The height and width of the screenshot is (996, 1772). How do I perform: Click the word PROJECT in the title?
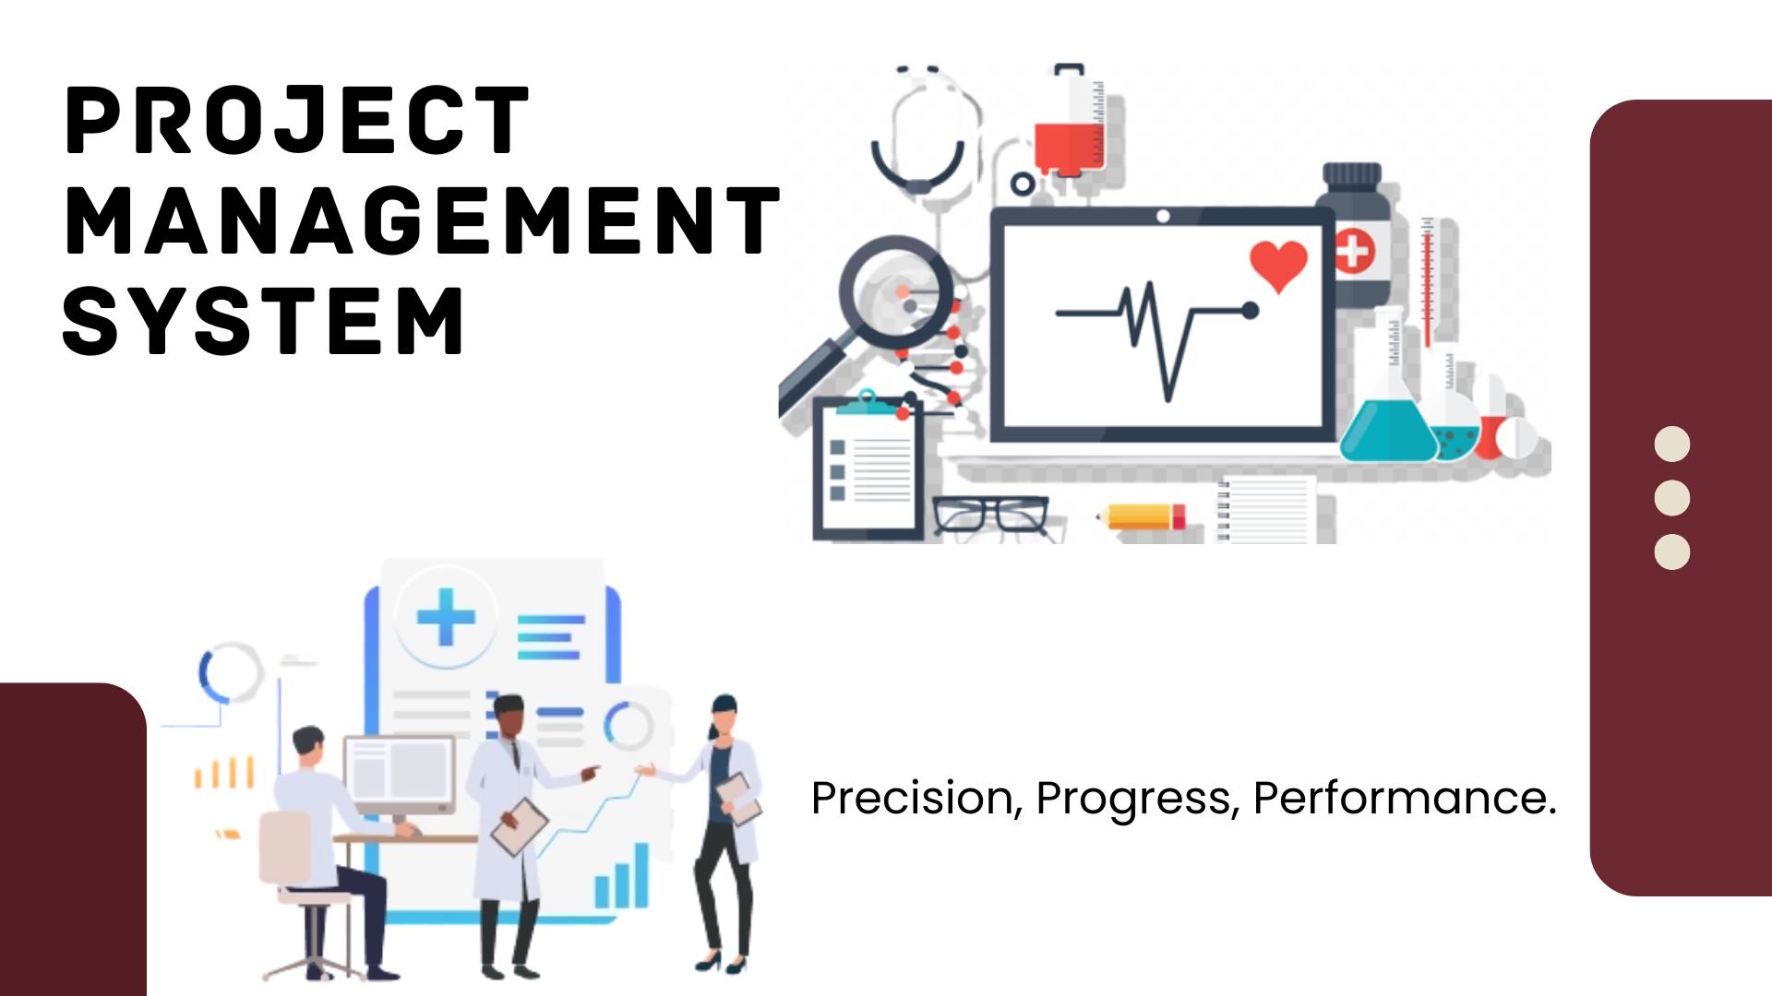pos(297,120)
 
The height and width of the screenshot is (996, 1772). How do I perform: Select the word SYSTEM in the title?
pos(264,320)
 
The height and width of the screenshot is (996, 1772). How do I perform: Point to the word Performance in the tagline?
pos(1404,798)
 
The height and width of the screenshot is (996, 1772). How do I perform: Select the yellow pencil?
pos(1143,516)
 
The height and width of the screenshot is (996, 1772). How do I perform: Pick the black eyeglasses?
pos(990,515)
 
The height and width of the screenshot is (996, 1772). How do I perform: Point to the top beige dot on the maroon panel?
pos(1671,445)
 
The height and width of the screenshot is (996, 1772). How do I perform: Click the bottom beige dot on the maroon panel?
pos(1671,551)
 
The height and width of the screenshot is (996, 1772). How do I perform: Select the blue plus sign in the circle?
pos(446,616)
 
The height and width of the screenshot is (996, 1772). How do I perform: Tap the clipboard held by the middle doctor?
pos(520,825)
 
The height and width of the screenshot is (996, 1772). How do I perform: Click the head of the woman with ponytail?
pos(724,716)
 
